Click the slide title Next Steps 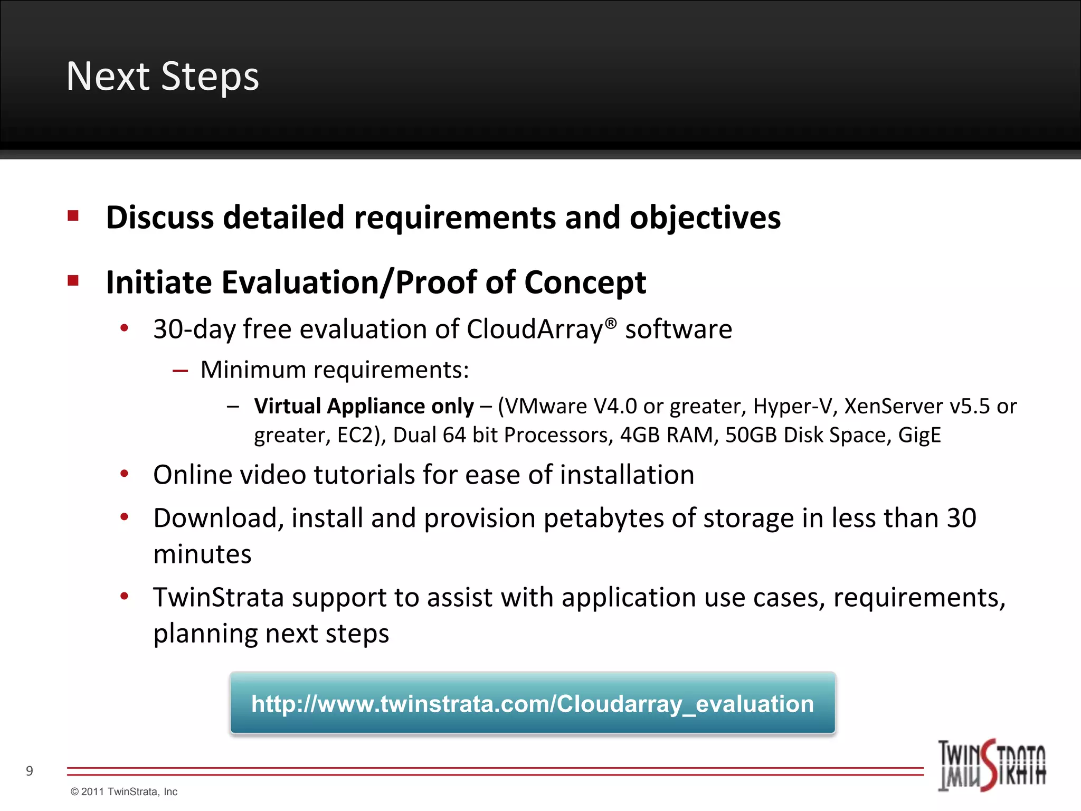pos(163,77)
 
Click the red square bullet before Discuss pos(73,216)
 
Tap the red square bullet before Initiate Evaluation pos(73,280)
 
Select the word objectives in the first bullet pos(705,218)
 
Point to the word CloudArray pos(534,330)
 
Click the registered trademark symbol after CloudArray pos(610,323)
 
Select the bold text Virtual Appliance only pos(364,407)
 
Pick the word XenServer pos(893,407)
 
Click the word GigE pos(919,436)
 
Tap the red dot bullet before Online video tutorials pos(125,474)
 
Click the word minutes pos(202,555)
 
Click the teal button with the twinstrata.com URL pos(532,704)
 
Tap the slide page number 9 pos(30,771)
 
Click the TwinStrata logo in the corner pos(991,765)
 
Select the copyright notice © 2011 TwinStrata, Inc pos(124,791)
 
